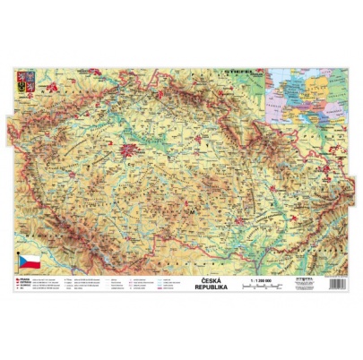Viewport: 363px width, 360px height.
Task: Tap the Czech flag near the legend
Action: pyautogui.click(x=30, y=261)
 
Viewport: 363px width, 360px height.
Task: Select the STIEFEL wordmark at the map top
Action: pyautogui.click(x=243, y=66)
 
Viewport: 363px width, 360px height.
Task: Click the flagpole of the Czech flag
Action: pyautogui.click(x=19, y=263)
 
